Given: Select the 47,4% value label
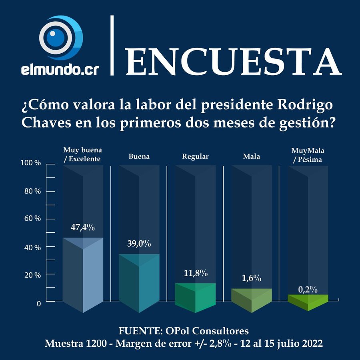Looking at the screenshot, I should click(83, 227).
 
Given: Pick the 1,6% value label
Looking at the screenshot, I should click(252, 278).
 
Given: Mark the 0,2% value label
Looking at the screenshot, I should click(308, 289).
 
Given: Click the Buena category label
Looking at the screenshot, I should click(139, 157).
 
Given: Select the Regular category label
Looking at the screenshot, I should click(195, 157).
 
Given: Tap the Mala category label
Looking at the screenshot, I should click(251, 157).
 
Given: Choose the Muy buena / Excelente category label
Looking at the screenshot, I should click(83, 154).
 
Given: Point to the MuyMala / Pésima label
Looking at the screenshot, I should click(308, 154).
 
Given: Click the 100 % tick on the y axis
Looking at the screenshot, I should click(31, 164).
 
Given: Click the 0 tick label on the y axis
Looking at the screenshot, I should click(38, 304).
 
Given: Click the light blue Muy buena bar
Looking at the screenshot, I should click(83, 276).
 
